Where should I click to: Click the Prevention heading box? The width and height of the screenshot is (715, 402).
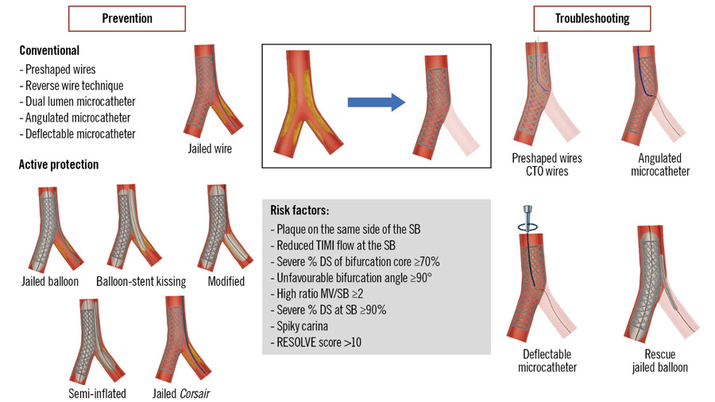coord(127,18)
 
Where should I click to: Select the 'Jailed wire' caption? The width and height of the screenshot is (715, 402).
coord(212,149)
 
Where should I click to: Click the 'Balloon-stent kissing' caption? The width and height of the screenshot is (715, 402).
coord(141,281)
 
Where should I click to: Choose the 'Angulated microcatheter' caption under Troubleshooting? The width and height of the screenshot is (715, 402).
coord(660,164)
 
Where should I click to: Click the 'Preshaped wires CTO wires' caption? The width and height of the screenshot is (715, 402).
coord(547,164)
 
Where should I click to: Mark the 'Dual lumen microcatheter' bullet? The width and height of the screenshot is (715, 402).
coord(77,101)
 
